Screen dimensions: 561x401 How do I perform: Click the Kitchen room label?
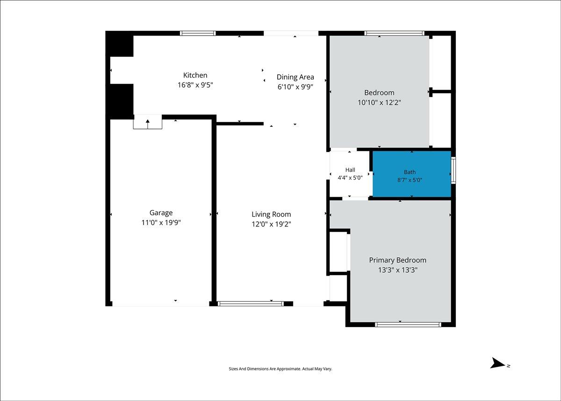click(x=195, y=75)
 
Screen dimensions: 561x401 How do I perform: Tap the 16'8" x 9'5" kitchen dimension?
click(x=195, y=85)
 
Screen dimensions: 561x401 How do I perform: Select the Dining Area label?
click(x=295, y=77)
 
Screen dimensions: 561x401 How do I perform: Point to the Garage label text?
click(x=161, y=213)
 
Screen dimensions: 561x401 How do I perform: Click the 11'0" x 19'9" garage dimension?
click(x=161, y=223)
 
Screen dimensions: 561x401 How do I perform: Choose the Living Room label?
click(x=271, y=214)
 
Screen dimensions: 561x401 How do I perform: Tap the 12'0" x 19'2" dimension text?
click(x=271, y=224)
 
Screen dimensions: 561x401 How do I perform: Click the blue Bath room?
click(x=412, y=174)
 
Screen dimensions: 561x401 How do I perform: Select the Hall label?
click(x=350, y=170)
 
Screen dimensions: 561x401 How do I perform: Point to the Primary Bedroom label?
click(x=398, y=260)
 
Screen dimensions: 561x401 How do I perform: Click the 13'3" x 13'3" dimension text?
click(x=398, y=270)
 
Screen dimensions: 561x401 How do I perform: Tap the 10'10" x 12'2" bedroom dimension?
click(x=379, y=102)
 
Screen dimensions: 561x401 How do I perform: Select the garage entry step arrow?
click(x=148, y=124)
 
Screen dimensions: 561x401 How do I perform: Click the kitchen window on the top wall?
click(x=198, y=33)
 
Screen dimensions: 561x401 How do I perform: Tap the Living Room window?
click(x=251, y=304)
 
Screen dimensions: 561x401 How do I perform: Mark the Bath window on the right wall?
click(x=453, y=170)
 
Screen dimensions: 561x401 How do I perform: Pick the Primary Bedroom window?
click(x=408, y=325)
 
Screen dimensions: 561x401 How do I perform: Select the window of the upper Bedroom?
click(x=395, y=33)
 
